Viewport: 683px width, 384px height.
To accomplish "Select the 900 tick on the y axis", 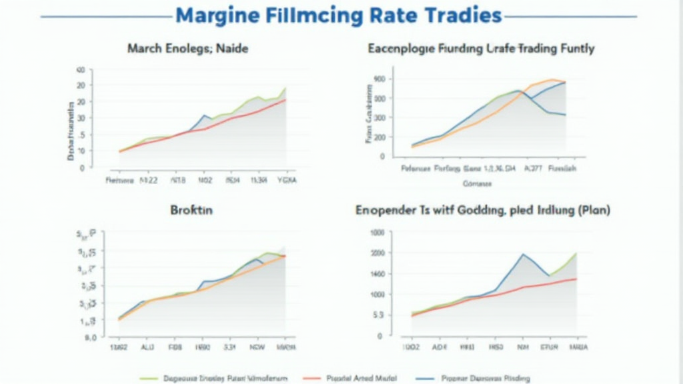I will coord(380,79).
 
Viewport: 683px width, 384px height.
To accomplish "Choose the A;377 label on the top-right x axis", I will coord(534,169).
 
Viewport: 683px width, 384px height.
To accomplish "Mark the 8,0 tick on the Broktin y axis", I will coord(91,337).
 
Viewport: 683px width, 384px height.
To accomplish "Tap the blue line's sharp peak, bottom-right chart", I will coord(523,254).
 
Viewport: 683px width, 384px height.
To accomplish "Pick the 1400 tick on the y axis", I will coord(378,274).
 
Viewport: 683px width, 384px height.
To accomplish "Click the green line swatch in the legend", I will coord(147,378).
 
